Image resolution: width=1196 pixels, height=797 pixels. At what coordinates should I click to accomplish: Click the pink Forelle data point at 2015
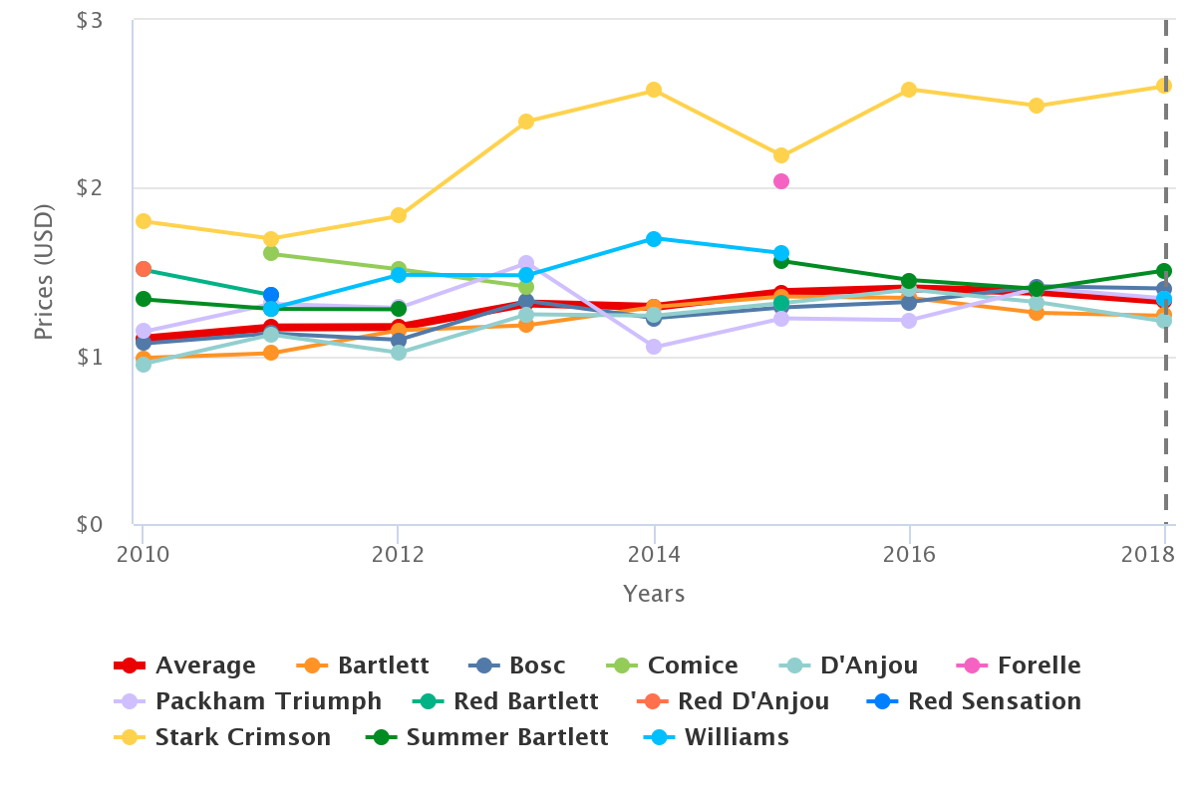(781, 181)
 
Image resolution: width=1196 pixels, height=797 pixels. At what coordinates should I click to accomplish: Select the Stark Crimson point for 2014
(654, 90)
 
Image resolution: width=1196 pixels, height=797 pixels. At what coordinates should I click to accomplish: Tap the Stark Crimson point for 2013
(526, 122)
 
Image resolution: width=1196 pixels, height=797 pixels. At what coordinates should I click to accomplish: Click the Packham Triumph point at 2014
(654, 347)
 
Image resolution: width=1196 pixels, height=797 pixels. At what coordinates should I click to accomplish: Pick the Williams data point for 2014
(654, 239)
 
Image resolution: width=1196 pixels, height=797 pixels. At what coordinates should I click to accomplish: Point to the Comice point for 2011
(271, 253)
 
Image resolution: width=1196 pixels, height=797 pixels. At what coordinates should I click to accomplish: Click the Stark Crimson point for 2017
(1037, 106)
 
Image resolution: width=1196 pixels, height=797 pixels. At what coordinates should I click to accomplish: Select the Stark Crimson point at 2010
(144, 221)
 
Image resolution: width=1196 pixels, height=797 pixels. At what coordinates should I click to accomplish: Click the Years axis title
(654, 594)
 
